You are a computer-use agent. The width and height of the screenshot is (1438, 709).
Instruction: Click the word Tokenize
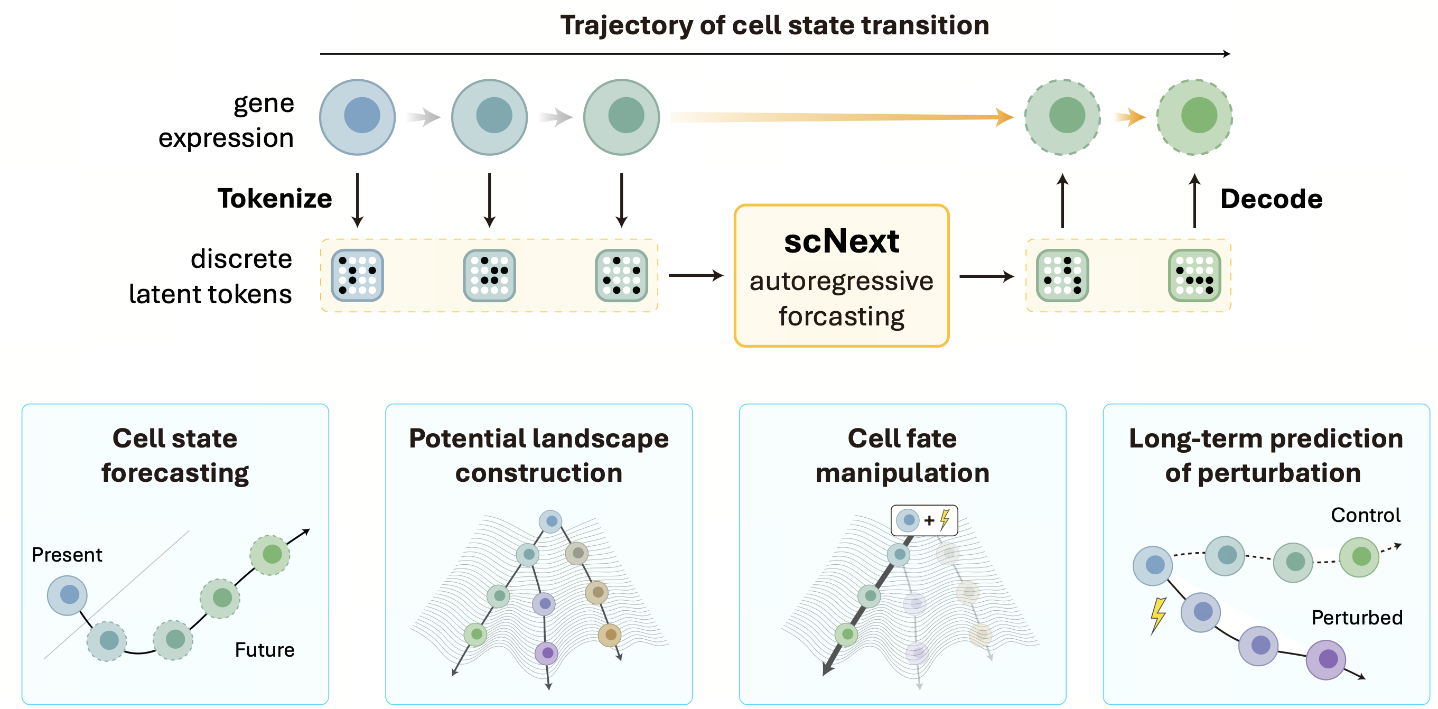point(275,199)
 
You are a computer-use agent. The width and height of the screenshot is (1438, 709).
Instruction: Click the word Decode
point(1271,199)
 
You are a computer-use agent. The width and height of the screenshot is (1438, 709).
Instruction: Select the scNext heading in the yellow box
point(841,242)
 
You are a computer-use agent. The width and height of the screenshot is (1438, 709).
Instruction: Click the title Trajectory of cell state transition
point(774,26)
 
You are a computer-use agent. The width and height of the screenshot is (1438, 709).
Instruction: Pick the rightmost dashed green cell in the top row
point(1194,117)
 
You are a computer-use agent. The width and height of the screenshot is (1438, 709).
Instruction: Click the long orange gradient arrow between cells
point(837,117)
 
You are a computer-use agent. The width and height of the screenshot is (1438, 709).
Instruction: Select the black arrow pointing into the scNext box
point(695,275)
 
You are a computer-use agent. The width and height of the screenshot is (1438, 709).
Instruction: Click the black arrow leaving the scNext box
point(986,276)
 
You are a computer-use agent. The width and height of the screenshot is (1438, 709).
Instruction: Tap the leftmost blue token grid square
point(357,275)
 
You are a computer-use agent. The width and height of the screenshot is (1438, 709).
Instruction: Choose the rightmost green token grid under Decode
point(1194,275)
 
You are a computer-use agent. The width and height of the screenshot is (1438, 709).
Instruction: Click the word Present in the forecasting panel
point(67,555)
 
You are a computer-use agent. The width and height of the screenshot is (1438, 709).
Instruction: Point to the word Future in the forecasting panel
point(264,650)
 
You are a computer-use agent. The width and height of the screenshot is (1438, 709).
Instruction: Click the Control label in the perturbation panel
point(1365,515)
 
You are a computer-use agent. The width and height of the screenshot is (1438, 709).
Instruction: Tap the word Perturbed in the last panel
point(1356,618)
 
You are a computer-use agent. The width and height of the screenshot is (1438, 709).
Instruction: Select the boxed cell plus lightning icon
point(924,520)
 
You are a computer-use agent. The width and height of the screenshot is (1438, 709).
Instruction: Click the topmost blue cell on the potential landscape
point(550,521)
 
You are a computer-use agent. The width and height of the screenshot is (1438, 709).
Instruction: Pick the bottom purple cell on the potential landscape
point(546,653)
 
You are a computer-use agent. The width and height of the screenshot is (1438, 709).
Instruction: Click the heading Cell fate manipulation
point(902,455)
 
